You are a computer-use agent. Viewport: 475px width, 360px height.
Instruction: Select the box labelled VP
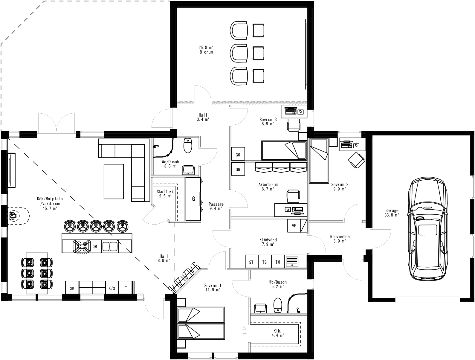click(294, 226)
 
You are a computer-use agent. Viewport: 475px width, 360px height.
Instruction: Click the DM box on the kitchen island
click(95, 246)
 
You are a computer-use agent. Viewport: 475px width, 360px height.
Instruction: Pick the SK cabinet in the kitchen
click(72, 288)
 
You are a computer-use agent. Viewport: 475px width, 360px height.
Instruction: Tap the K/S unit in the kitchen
click(112, 288)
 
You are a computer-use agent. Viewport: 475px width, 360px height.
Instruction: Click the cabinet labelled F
click(126, 288)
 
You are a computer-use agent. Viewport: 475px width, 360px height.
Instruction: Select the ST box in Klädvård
click(251, 262)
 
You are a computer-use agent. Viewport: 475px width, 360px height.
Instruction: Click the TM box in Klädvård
click(278, 262)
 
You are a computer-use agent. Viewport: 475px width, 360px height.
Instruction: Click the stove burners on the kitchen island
click(82, 246)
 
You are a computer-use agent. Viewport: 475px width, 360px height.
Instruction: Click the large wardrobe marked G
click(193, 199)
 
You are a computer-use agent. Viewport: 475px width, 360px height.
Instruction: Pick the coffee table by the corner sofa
click(114, 181)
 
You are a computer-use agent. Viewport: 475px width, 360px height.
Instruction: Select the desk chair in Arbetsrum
click(293, 196)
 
